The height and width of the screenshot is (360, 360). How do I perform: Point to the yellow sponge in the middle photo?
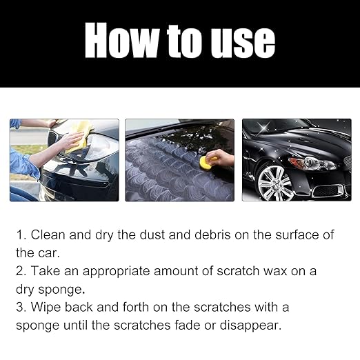pos(208,162)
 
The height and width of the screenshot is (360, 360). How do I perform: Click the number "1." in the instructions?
pos(21,235)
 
